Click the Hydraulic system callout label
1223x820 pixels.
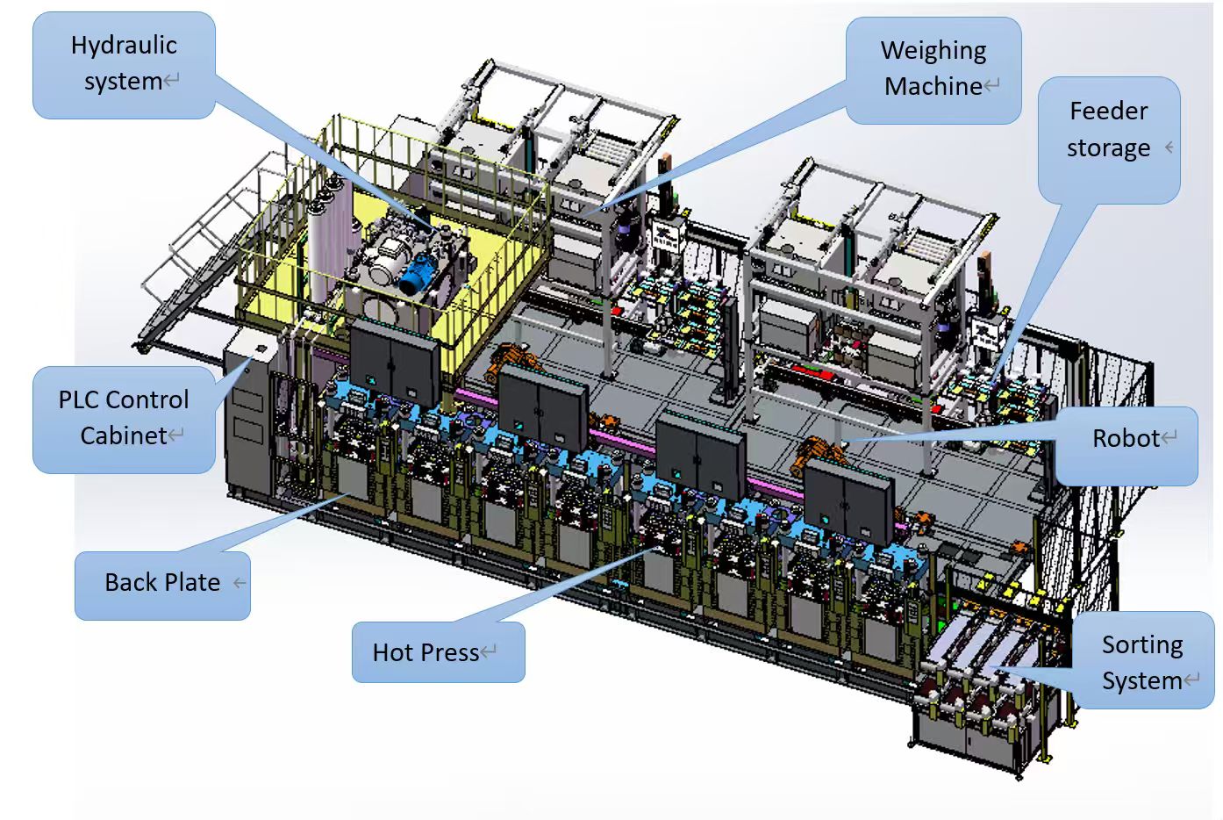(x=124, y=65)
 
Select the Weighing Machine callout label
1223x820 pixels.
(x=933, y=70)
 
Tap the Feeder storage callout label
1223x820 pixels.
(x=1109, y=140)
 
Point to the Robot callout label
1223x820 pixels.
(x=1126, y=446)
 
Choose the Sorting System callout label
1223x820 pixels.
(x=1143, y=660)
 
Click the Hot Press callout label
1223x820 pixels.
(x=438, y=651)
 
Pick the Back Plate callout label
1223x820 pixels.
(x=162, y=586)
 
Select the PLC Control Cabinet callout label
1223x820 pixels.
(x=124, y=420)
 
